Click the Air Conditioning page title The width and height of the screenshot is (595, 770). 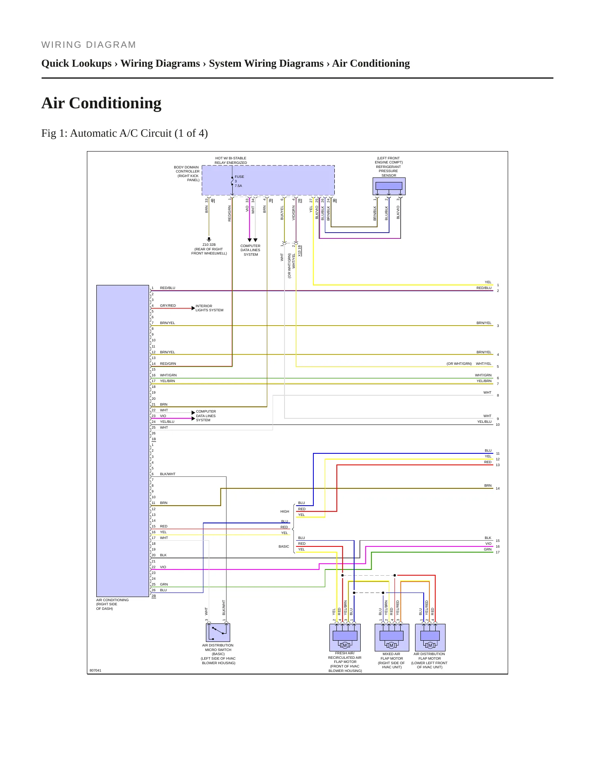point(101,103)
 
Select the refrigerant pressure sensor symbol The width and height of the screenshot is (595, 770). point(389,186)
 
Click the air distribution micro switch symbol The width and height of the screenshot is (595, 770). point(218,632)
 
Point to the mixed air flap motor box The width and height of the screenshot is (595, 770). point(392,637)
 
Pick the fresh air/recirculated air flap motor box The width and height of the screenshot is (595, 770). point(345,637)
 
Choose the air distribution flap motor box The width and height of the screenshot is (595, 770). point(430,637)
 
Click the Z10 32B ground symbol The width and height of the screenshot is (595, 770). point(209,239)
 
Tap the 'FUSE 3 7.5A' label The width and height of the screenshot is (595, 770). point(239,181)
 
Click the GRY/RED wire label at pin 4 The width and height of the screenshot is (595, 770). point(168,306)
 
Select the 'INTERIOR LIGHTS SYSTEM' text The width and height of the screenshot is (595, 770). point(210,308)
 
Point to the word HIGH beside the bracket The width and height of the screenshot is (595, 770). point(285,511)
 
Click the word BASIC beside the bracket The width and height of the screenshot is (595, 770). point(284,546)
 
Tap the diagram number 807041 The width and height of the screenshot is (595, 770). point(96,670)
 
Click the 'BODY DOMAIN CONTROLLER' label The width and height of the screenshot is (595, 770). point(187,173)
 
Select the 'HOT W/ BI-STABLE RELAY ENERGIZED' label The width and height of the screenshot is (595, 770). point(231,160)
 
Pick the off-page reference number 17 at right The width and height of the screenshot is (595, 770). point(498,552)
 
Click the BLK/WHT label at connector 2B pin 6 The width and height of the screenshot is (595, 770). point(168,474)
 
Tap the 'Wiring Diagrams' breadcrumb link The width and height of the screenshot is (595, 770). point(160,63)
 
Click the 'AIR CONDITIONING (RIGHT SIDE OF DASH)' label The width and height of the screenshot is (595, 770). point(112,604)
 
